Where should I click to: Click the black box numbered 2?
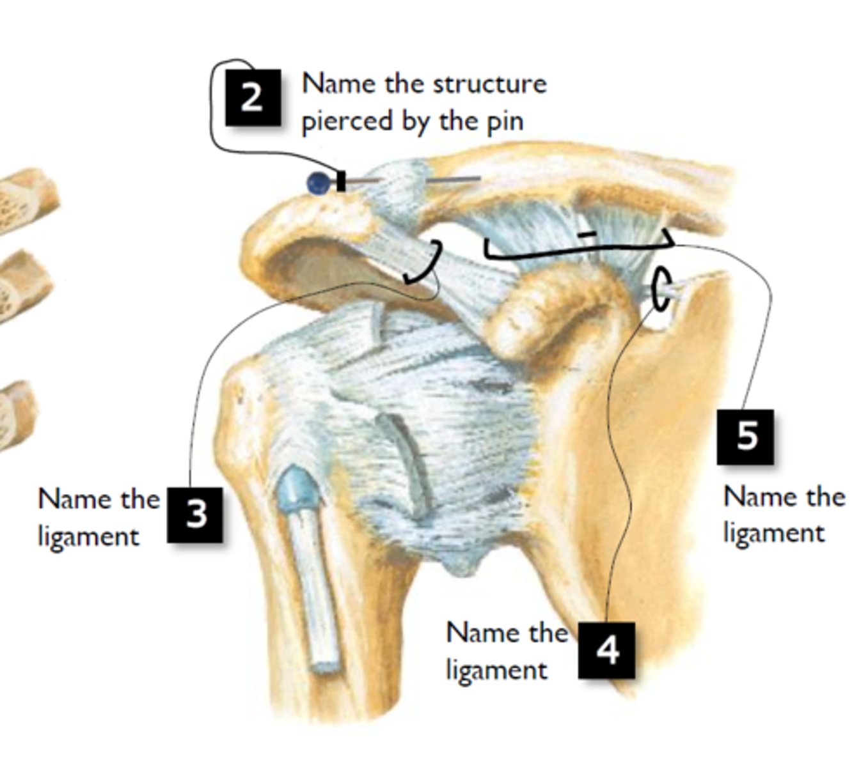[x=253, y=97]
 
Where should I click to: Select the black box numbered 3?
[x=195, y=515]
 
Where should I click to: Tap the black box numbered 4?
[x=606, y=650]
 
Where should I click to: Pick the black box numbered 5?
[x=745, y=437]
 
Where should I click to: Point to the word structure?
[x=490, y=84]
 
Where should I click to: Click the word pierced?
[x=347, y=122]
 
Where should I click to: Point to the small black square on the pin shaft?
[x=341, y=181]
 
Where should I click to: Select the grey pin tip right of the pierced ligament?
[x=454, y=179]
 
